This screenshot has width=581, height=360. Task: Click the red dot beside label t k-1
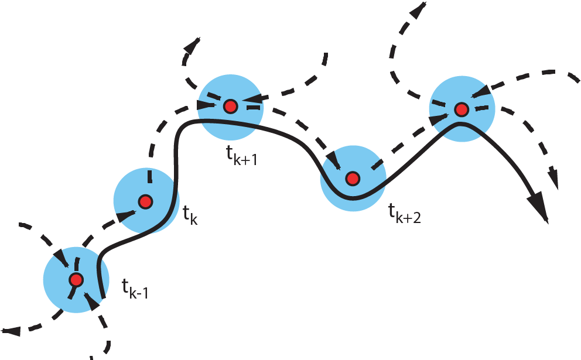(76, 280)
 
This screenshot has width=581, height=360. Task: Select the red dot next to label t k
(145, 202)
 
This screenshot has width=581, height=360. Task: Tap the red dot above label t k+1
(231, 107)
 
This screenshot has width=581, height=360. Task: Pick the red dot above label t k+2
(352, 178)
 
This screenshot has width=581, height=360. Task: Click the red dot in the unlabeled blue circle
(462, 109)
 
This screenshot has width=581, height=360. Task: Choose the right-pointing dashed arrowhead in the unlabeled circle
(436, 120)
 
